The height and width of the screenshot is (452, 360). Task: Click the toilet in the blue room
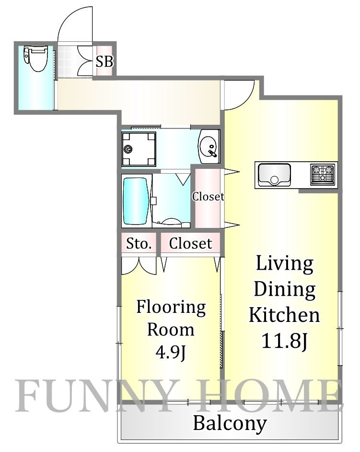click(x=35, y=59)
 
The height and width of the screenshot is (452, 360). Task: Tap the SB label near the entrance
click(x=104, y=61)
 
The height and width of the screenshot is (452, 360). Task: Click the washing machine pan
click(x=139, y=149)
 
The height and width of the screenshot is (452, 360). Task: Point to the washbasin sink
click(x=209, y=146)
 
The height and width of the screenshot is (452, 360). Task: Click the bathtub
click(x=136, y=201)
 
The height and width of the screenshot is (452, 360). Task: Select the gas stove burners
click(x=323, y=174)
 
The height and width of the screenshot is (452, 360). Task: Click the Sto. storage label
click(x=139, y=244)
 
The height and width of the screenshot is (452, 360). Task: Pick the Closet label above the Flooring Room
click(x=190, y=244)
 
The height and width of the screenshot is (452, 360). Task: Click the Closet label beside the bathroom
click(x=208, y=196)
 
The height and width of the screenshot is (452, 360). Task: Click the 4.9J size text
click(x=171, y=352)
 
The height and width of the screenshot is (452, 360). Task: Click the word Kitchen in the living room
click(x=284, y=315)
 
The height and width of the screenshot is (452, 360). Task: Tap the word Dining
click(x=285, y=290)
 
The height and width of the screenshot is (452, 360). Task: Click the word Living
click(x=285, y=264)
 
